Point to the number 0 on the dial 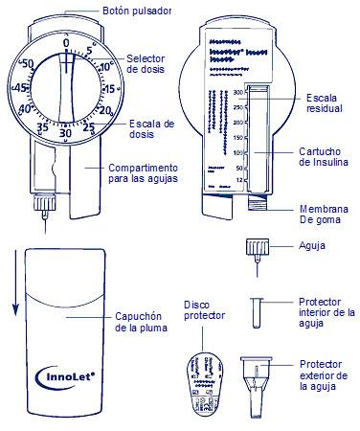point(65,42)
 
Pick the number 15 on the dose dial point(110,88)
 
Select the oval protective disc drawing point(203,382)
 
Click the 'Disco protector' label point(204,310)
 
